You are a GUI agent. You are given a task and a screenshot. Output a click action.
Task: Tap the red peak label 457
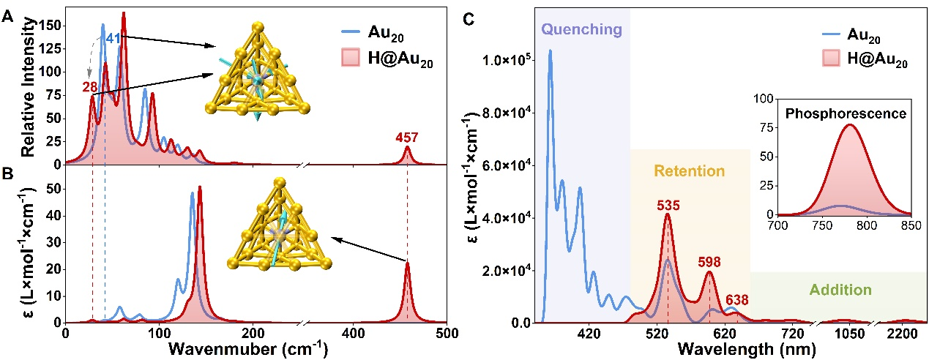click(406, 136)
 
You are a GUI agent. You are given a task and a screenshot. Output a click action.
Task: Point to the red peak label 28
click(90, 87)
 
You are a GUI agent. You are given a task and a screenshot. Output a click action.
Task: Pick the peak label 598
click(709, 262)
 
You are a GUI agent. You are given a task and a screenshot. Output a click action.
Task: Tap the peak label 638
click(738, 299)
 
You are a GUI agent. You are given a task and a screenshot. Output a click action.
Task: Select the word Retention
click(689, 171)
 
